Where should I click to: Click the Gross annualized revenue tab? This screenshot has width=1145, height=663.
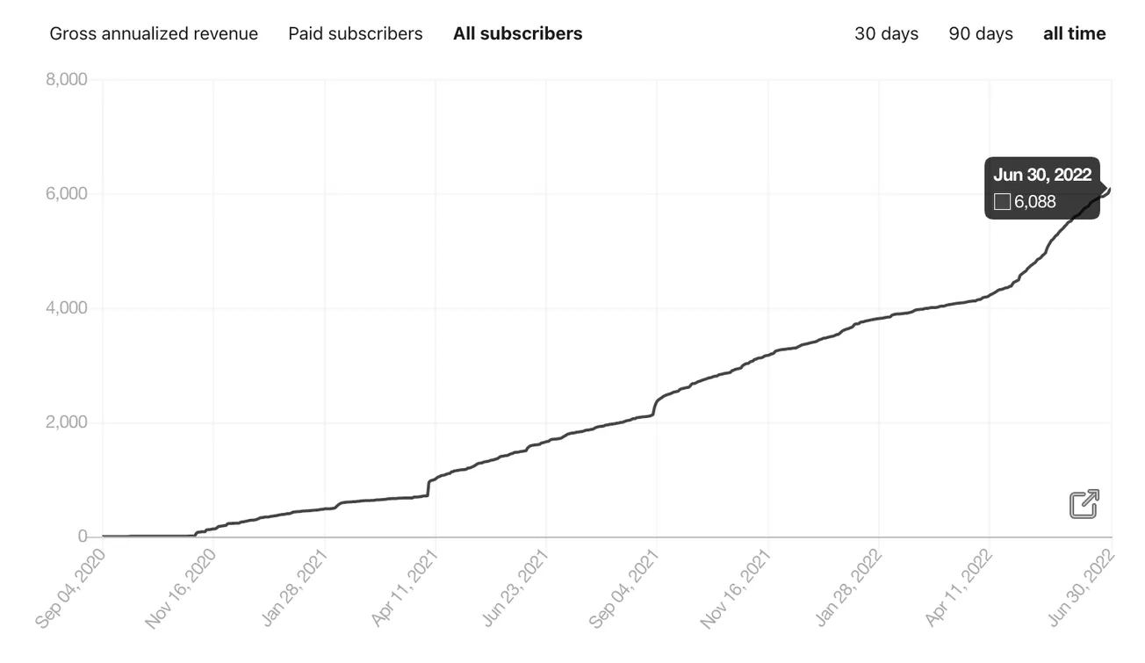point(154,33)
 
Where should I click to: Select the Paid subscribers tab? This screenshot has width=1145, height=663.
point(355,33)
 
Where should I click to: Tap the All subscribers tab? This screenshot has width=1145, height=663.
point(517,33)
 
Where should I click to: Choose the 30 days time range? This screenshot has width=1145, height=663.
point(886,33)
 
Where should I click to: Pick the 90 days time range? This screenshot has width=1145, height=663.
point(980,33)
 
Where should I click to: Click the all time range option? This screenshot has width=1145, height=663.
point(1074,33)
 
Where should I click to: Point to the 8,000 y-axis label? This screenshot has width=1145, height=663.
point(66,80)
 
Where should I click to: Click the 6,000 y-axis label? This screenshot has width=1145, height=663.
point(66,194)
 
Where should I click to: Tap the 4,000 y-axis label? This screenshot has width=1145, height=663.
point(66,308)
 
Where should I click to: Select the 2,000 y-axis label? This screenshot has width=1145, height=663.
point(66,422)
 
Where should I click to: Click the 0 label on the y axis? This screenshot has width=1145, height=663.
point(82,537)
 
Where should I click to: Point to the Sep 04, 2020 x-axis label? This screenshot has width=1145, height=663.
point(71,587)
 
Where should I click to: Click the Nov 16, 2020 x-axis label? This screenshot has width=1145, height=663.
point(181,587)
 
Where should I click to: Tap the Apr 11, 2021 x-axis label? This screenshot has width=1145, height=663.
point(404,587)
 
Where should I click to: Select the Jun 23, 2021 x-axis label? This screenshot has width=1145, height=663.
point(515,587)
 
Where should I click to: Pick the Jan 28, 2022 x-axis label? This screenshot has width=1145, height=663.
point(848,587)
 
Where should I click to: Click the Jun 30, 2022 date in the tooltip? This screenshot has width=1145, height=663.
point(1041,175)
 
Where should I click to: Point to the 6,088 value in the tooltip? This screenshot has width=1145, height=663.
point(1034,202)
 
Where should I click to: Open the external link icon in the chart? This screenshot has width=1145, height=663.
point(1084,504)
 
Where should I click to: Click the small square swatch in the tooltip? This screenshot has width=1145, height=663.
point(1002,203)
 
